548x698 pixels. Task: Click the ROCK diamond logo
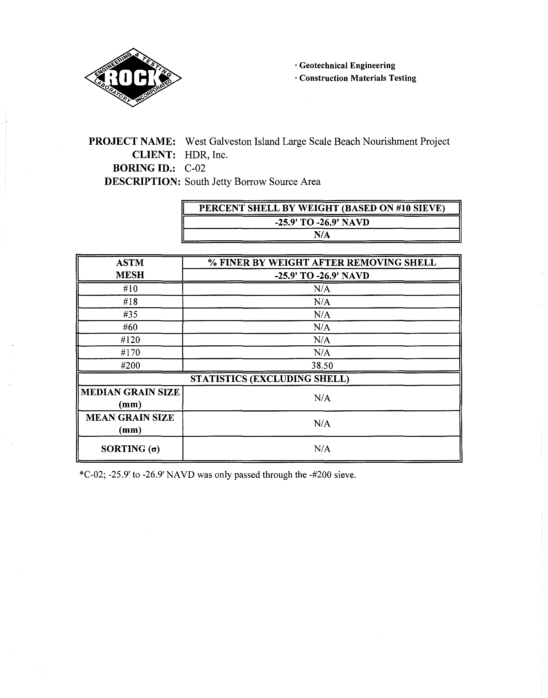coord(133,78)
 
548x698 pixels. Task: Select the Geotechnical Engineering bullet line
coord(345,65)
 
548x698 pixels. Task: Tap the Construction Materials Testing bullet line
coord(356,78)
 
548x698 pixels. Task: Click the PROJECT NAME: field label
coord(132,141)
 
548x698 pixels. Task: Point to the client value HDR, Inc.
coord(206,155)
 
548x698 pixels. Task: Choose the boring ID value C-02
coord(195,168)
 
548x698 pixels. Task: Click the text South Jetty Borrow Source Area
coord(253,182)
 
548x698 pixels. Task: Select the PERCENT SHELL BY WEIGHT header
coord(321,208)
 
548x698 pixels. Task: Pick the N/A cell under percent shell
coord(321,235)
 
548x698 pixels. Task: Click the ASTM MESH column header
coord(130,269)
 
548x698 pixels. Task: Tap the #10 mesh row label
coord(130,289)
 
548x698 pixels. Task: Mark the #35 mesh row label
coord(130,314)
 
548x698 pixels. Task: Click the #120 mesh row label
coord(130,340)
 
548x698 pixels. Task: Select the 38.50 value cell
coord(322,365)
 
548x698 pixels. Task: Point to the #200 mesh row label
coord(130,365)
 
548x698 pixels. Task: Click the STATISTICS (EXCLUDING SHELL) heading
coord(269,379)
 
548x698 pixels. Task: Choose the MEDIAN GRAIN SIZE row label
coord(130,398)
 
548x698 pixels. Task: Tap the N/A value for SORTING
coord(322,449)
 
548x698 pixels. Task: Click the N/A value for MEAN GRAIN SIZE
coord(322,424)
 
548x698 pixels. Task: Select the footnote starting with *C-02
coord(217,474)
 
